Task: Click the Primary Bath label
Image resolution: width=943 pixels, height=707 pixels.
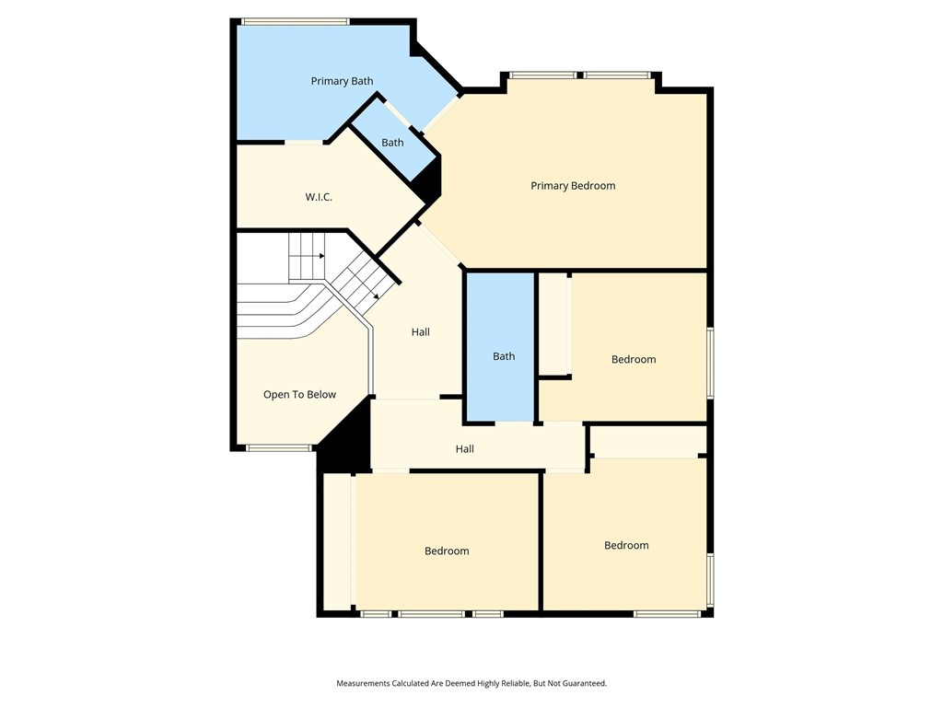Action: (x=342, y=81)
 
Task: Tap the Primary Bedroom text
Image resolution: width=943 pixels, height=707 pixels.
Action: (x=573, y=186)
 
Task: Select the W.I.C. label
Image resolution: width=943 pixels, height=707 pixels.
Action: (x=319, y=197)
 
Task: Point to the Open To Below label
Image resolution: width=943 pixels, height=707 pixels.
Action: (x=299, y=395)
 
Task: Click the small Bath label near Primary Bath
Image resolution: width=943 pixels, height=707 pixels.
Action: (x=392, y=143)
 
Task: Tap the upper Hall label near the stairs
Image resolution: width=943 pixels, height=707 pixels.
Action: (x=420, y=332)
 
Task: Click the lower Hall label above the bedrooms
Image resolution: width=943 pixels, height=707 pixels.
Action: (x=464, y=449)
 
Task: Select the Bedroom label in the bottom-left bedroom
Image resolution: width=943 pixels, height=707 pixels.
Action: (x=447, y=551)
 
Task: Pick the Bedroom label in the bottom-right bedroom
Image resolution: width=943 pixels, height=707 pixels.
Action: (x=626, y=546)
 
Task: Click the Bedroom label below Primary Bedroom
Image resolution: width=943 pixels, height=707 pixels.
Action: (x=634, y=360)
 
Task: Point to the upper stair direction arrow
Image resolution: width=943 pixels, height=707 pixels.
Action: (x=320, y=256)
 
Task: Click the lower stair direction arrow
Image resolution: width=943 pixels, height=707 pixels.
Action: (x=378, y=296)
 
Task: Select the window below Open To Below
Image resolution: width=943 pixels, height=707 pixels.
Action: (x=279, y=448)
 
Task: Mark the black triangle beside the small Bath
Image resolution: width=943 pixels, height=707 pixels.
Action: (x=428, y=184)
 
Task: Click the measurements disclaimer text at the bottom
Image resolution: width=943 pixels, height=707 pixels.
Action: (x=471, y=683)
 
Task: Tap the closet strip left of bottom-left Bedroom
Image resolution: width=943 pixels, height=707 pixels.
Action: (x=337, y=540)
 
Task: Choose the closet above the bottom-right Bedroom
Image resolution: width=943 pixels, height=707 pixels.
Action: (x=646, y=443)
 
